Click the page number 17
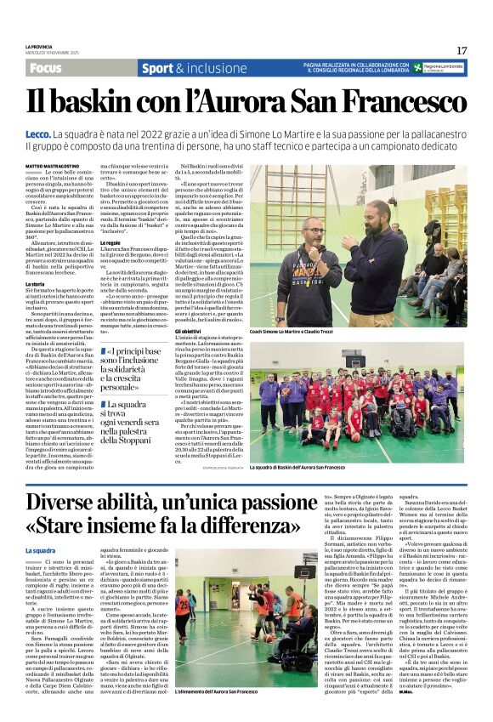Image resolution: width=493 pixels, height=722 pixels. tap(462, 50)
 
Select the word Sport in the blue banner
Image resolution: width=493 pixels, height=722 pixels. tap(158, 68)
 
